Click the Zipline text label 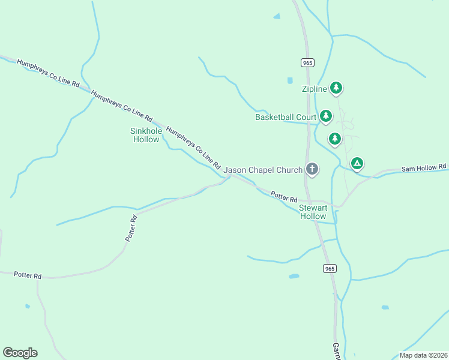click(314, 89)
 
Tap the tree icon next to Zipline click(336, 88)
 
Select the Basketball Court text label click(286, 117)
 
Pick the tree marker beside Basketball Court click(326, 115)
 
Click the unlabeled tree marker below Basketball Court click(335, 139)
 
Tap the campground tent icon click(357, 163)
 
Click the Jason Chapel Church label click(263, 170)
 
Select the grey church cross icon click(312, 169)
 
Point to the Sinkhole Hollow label click(146, 135)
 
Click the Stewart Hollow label click(313, 212)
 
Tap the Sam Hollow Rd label click(424, 168)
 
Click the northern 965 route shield click(307, 62)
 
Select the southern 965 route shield click(329, 268)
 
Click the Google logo click(20, 353)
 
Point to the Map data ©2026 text click(423, 355)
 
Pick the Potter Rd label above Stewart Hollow click(284, 196)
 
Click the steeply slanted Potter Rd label click(132, 229)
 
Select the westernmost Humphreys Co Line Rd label click(49, 74)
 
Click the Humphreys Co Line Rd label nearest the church click(194, 147)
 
